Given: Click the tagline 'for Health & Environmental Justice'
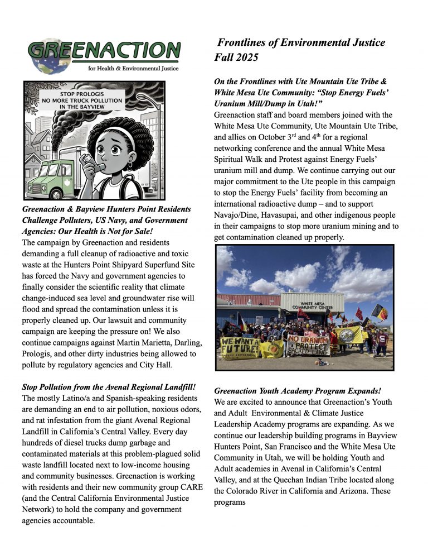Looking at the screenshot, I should tap(134, 69).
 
